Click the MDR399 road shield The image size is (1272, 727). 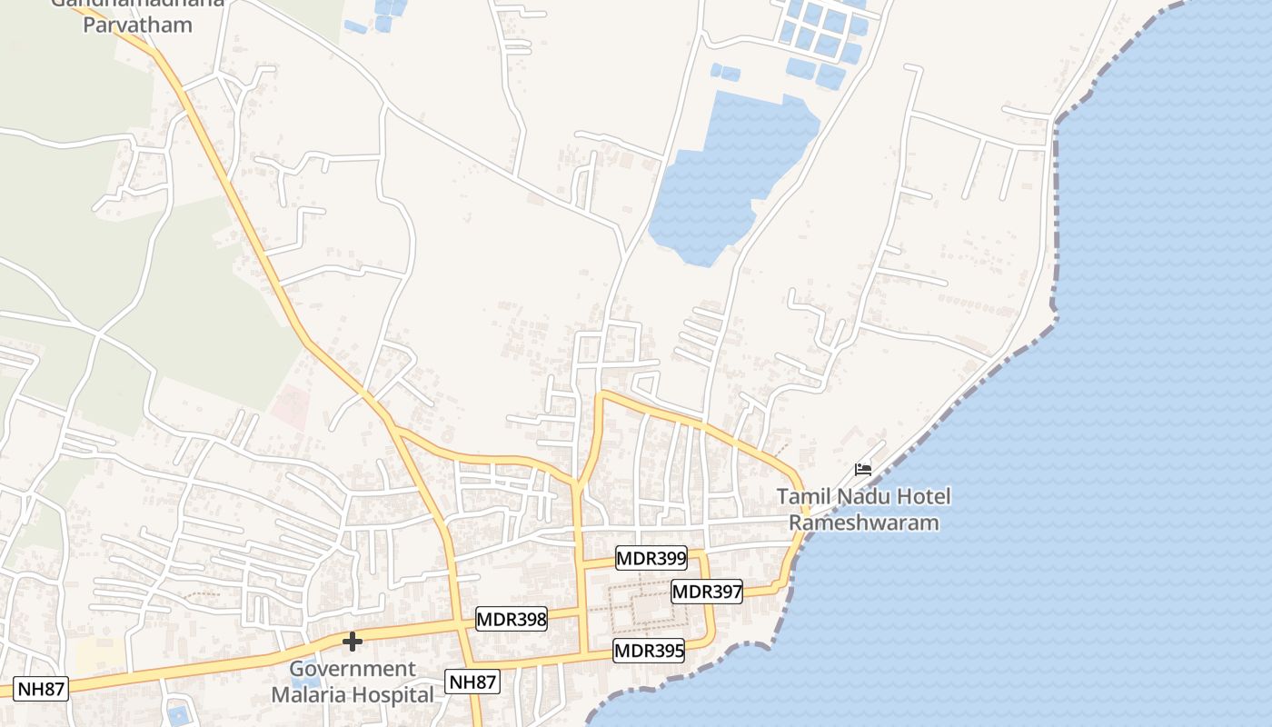tap(651, 558)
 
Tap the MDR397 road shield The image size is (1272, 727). tap(707, 592)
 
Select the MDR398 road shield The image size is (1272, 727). tap(512, 620)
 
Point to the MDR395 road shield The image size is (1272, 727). tap(648, 651)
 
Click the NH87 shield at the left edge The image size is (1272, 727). tap(42, 689)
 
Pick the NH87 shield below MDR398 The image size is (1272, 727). tap(472, 682)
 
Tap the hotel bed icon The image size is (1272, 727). tap(863, 470)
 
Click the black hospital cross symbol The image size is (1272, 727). tap(352, 642)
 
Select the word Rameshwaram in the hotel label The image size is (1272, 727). tap(863, 523)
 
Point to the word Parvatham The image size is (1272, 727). tap(138, 25)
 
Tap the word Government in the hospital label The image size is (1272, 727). tap(353, 670)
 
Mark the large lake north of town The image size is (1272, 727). tap(727, 173)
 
